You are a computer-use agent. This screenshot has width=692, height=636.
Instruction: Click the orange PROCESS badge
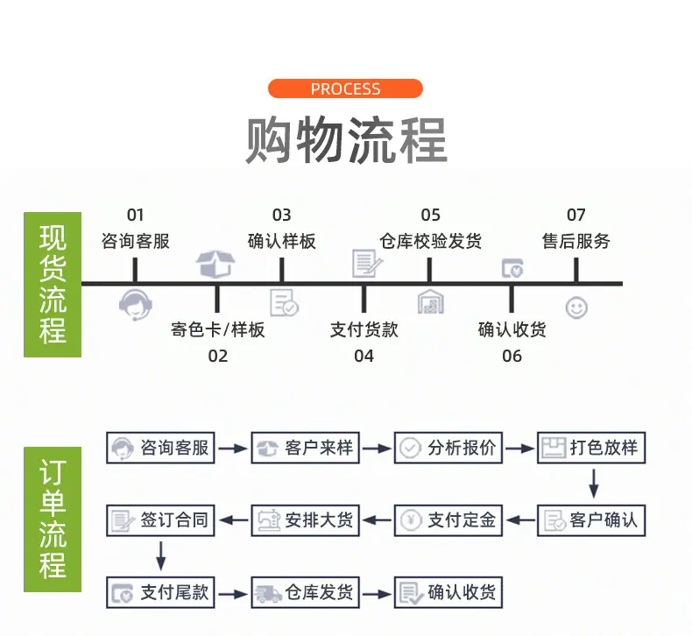click(x=345, y=88)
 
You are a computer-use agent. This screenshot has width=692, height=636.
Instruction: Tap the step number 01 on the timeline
click(x=136, y=216)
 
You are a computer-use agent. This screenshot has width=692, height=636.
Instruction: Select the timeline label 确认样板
click(x=281, y=242)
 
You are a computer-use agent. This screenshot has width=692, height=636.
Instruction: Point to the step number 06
click(x=512, y=356)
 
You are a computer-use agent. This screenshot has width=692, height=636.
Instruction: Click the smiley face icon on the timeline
click(x=576, y=307)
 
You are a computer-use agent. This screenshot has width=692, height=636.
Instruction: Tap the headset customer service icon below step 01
click(x=136, y=305)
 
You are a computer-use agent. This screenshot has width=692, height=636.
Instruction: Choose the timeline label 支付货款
click(x=364, y=329)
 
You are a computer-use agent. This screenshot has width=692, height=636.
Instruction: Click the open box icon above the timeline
click(x=215, y=264)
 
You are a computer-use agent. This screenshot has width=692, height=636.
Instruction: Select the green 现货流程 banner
click(x=53, y=285)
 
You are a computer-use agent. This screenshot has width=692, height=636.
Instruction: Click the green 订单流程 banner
click(x=53, y=519)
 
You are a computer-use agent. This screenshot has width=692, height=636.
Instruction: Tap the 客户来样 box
click(x=306, y=448)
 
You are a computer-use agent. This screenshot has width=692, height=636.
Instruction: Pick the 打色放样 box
click(x=591, y=448)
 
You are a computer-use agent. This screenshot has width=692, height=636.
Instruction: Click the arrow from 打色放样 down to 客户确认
click(x=594, y=484)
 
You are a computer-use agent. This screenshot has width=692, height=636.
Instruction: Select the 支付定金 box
click(x=448, y=520)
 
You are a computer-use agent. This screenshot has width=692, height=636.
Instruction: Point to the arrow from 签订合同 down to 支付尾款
click(x=160, y=556)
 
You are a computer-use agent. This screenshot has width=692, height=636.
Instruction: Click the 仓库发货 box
click(x=306, y=592)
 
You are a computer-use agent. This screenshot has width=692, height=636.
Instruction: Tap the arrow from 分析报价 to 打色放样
click(x=520, y=449)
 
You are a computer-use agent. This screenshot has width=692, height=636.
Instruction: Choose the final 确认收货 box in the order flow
click(x=448, y=592)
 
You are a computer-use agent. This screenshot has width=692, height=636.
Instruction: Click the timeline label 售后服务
click(x=575, y=242)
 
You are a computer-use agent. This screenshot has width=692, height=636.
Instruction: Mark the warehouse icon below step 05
click(x=431, y=301)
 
